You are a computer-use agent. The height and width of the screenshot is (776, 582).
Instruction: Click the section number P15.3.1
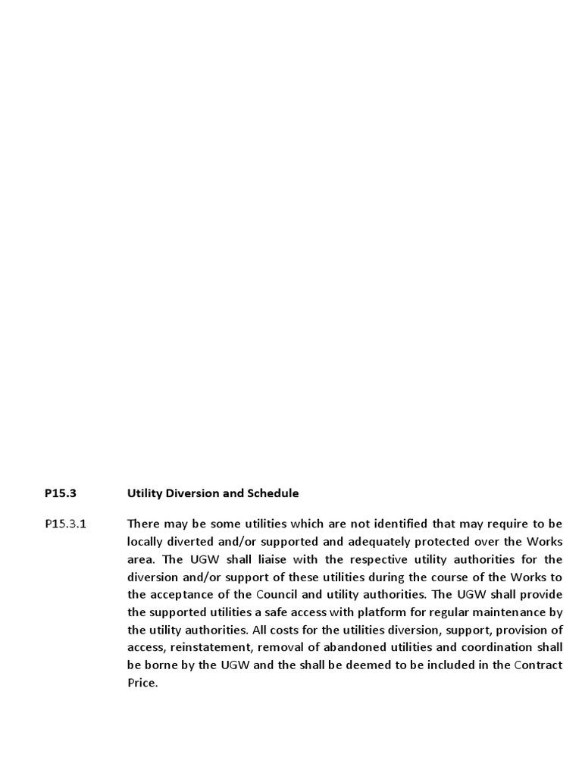(x=66, y=524)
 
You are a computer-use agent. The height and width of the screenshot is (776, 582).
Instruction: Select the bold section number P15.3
(x=61, y=493)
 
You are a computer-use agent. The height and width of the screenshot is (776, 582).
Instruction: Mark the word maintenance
(x=510, y=612)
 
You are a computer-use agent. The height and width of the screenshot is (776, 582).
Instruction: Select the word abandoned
(x=339, y=647)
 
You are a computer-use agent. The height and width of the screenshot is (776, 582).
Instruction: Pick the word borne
(x=160, y=665)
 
